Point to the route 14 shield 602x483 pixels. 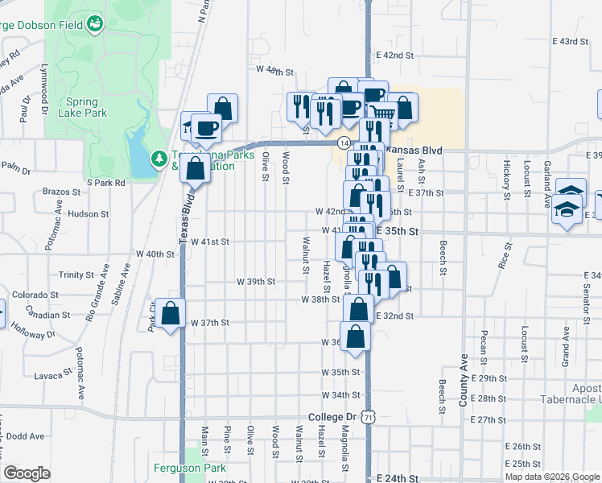[344, 142]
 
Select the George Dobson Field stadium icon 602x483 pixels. [96, 23]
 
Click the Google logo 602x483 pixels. [27, 473]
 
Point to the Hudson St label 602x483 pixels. [89, 214]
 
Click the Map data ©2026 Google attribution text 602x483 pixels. [551, 477]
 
